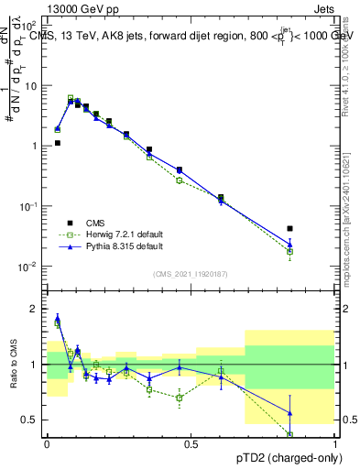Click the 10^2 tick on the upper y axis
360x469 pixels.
[x=29, y=26]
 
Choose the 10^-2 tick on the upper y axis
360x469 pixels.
[x=29, y=267]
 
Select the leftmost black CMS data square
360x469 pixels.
[x=57, y=143]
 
